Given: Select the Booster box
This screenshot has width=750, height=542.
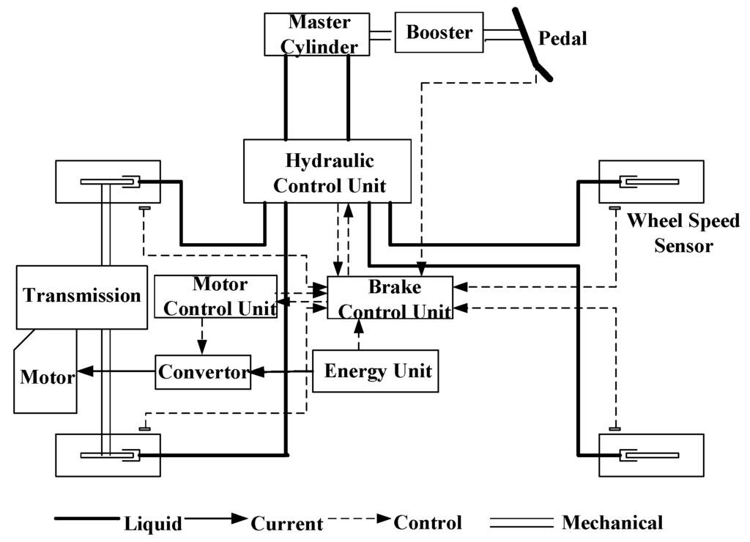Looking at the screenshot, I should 439,33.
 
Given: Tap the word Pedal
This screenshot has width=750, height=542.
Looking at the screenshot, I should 562,39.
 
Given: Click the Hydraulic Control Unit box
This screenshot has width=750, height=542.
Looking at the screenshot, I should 326,171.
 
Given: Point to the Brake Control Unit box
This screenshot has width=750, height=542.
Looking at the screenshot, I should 390,298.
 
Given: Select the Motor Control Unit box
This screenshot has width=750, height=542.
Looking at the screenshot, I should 215,296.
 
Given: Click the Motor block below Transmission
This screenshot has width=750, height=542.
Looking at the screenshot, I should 46,377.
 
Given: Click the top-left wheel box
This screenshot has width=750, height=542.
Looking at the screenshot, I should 108,181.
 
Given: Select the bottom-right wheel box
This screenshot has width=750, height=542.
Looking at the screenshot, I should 651,455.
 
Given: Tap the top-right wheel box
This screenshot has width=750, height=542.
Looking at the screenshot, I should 651,181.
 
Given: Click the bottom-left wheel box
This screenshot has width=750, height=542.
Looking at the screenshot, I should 108,455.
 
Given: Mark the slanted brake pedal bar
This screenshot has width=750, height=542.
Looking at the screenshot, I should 529,40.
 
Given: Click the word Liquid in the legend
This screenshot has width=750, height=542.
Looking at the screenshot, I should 153,523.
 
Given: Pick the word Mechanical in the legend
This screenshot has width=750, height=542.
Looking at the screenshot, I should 612,522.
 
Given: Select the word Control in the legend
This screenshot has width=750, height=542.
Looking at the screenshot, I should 428,522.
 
